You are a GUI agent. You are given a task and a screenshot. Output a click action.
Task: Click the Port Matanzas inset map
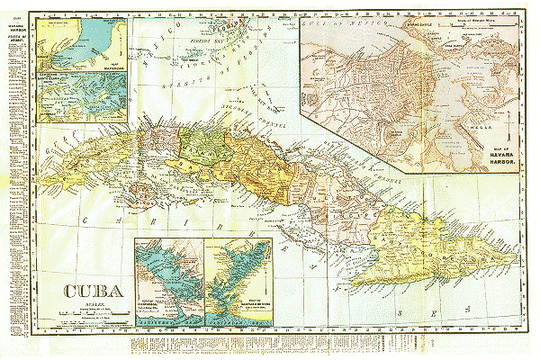coord(82,40)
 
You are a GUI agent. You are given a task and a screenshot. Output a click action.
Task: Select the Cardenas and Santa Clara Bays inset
coord(82,99)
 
